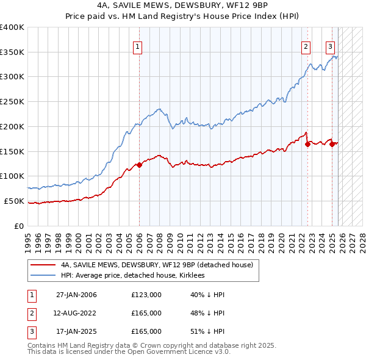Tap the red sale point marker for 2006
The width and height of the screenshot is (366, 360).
139,165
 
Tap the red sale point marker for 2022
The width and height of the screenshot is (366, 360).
307,144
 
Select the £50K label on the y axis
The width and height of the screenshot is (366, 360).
14,201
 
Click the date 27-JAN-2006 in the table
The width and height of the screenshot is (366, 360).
76,295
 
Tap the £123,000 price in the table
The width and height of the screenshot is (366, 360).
146,295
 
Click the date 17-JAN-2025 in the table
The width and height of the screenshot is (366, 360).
76,331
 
